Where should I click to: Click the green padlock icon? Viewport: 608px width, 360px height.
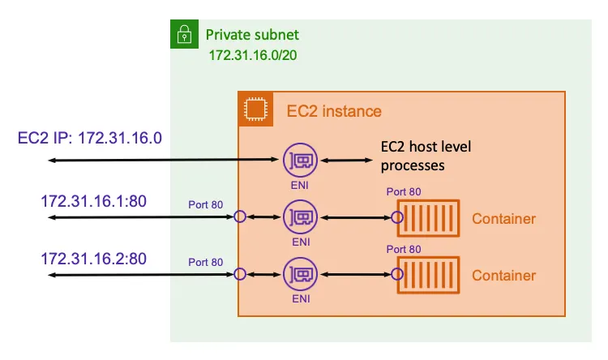pyautogui.click(x=185, y=35)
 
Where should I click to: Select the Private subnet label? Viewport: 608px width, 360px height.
pyautogui.click(x=252, y=35)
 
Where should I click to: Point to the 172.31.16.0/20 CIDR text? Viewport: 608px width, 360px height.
pyautogui.click(x=252, y=58)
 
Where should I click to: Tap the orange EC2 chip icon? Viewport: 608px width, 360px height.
pyautogui.click(x=255, y=109)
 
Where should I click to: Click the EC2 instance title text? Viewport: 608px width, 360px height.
pyautogui.click(x=334, y=111)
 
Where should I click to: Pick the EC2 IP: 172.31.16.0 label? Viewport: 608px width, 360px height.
pyautogui.click(x=90, y=138)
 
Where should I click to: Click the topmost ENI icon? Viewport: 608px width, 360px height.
pyautogui.click(x=300, y=161)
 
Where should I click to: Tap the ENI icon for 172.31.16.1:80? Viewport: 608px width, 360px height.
pyautogui.click(x=300, y=216)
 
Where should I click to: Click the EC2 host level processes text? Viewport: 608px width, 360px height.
pyautogui.click(x=426, y=156)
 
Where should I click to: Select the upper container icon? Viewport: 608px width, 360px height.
pyautogui.click(x=428, y=217)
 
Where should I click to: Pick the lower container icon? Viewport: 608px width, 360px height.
pyautogui.click(x=428, y=275)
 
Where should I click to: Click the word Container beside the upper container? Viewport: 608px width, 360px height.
pyautogui.click(x=503, y=219)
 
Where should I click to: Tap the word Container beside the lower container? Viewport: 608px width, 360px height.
pyautogui.click(x=503, y=276)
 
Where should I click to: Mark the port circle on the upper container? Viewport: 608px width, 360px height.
pyautogui.click(x=397, y=217)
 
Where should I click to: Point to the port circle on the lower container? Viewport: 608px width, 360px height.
pyautogui.click(x=397, y=275)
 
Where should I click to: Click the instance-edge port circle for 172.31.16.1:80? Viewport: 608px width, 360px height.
pyautogui.click(x=239, y=216)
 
